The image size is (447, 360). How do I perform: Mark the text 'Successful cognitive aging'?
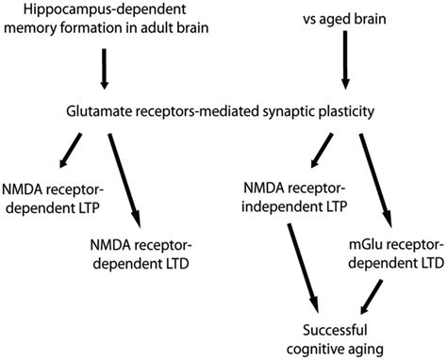click(337, 337)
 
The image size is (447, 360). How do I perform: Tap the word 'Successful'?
click(337, 329)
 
